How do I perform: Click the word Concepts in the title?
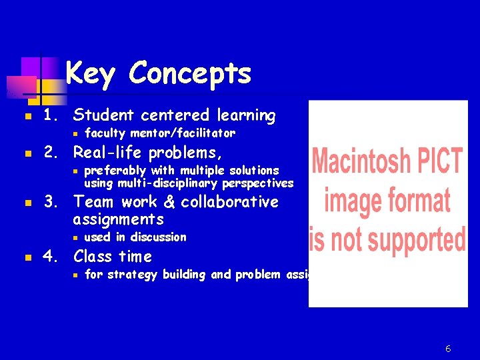[190, 73]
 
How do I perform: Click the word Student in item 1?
[107, 115]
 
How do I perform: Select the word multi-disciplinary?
[169, 183]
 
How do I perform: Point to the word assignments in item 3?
[118, 219]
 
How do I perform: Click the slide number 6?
[448, 349]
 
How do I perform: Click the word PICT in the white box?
[441, 161]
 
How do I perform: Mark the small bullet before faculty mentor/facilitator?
[77, 133]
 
